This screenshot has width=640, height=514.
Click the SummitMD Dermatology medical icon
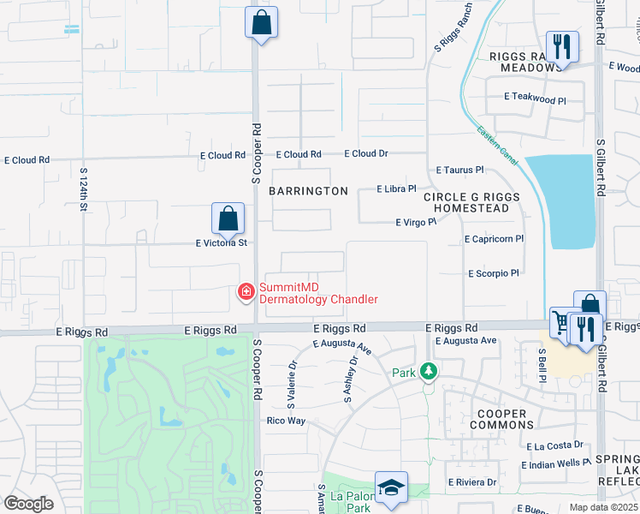[x=246, y=293]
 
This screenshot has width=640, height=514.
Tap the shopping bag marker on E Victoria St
[x=228, y=218]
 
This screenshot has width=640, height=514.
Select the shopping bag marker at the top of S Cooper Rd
[x=261, y=22]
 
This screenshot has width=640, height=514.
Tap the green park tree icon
[x=429, y=372]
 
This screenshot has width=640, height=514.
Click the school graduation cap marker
[x=390, y=487]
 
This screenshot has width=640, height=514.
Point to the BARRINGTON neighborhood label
[x=308, y=191]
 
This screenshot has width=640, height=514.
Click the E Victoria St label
[x=221, y=243]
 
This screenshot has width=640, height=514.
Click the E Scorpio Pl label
[x=494, y=273]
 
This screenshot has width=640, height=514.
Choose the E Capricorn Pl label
[x=494, y=239]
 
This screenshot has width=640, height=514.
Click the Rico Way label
[x=286, y=421]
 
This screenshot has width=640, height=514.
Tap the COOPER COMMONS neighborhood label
[x=501, y=419]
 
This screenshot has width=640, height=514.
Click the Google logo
[x=28, y=503]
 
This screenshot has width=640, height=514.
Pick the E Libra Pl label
[x=396, y=188]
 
